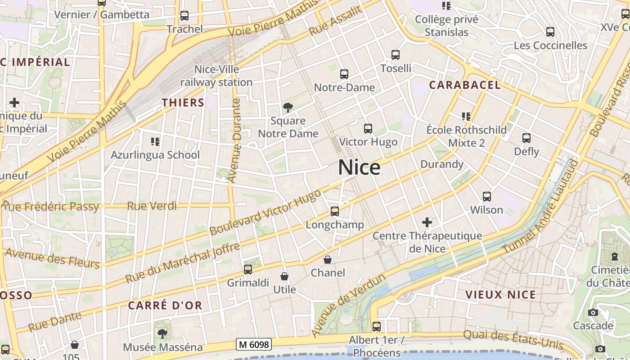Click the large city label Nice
(359, 167)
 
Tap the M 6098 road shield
(254, 345)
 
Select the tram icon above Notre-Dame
(344, 74)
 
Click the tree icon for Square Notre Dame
(288, 108)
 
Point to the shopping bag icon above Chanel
(328, 260)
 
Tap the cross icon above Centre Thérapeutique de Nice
(427, 222)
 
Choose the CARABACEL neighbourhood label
(464, 85)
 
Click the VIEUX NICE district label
(500, 295)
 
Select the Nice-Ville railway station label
(216, 76)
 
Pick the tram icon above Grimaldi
(247, 270)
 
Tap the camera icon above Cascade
(593, 312)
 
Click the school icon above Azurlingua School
(155, 142)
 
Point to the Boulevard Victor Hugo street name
(265, 212)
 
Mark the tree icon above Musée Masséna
(162, 334)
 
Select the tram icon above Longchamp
(334, 211)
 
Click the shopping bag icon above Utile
(284, 276)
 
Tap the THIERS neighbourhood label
(183, 103)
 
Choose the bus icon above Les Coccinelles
(550, 32)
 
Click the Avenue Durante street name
(234, 140)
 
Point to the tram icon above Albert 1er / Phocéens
(377, 326)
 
